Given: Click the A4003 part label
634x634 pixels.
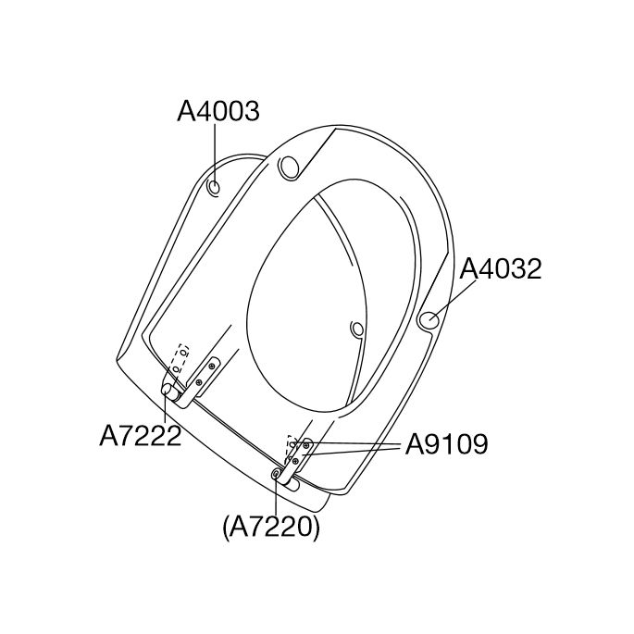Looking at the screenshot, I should [218, 112].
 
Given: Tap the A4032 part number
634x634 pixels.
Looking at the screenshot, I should [501, 269].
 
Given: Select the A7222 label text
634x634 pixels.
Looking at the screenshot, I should [140, 437].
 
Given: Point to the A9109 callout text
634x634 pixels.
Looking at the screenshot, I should [446, 445].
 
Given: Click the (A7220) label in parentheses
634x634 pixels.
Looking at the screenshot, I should [271, 527].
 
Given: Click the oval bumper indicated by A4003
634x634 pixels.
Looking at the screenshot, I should [215, 188].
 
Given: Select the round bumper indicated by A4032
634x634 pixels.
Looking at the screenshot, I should [429, 320].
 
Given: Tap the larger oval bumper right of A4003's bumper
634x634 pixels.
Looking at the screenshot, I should [290, 168].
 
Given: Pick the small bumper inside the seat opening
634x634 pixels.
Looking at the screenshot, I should [357, 329].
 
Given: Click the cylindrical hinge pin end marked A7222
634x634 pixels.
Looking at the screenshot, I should [169, 391].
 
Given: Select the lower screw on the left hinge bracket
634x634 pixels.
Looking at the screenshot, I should [198, 382].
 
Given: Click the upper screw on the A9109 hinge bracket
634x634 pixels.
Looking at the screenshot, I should [306, 445].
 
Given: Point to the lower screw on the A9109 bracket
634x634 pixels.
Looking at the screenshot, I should [295, 460].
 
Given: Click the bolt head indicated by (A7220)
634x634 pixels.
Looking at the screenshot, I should [276, 474].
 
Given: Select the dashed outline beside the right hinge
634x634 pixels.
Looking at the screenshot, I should [291, 442].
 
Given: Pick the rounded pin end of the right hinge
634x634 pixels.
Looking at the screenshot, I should [292, 483].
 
